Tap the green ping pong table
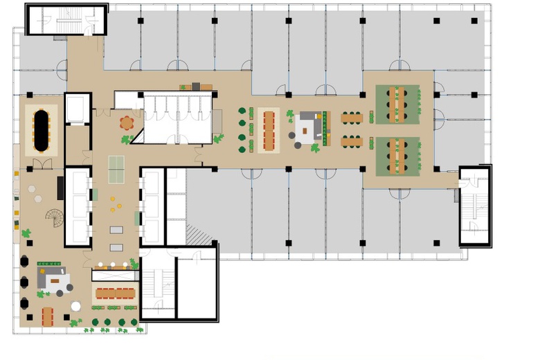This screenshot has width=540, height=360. pyautogui.click(x=116, y=164)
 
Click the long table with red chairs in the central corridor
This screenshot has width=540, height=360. pyautogui.click(x=269, y=129)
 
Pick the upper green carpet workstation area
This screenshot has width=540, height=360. pyautogui.click(x=397, y=105)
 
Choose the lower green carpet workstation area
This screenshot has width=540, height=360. pyautogui.click(x=397, y=155)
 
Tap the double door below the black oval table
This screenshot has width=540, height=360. pyautogui.click(x=42, y=164)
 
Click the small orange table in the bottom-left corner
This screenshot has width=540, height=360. pyautogui.click(x=47, y=316)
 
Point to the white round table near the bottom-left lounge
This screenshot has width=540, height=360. pyautogui.click(x=76, y=306)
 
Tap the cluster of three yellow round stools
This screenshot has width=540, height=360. pyautogui.click(x=115, y=204)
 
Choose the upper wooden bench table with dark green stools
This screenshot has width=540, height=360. pyautogui.click(x=352, y=118)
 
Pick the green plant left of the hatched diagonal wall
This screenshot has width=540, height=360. pyautogui.click(x=127, y=140)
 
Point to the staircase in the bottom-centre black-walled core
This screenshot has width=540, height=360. pyautogui.click(x=157, y=284)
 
